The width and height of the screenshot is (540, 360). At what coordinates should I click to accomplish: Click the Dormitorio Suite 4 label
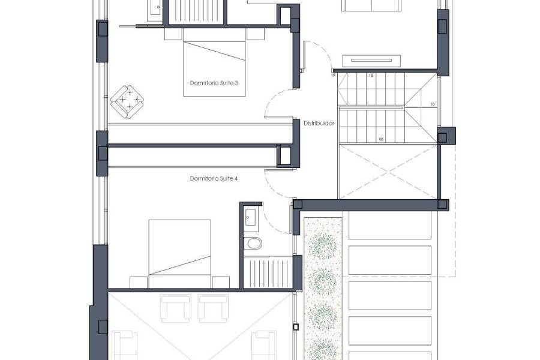click(214, 178)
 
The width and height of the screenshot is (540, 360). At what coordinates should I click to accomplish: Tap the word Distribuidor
click(319, 123)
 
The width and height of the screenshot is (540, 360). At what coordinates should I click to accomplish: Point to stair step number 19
click(334, 76)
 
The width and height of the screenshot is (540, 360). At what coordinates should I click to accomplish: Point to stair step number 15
click(371, 76)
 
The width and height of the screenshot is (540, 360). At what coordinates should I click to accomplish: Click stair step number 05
click(381, 140)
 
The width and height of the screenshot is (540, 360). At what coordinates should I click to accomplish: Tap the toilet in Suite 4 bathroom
click(253, 243)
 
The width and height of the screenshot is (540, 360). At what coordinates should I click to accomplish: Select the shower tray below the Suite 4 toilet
click(267, 273)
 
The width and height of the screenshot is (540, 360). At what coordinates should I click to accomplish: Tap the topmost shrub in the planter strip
click(323, 245)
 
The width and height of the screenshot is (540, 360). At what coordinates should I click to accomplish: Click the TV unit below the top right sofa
click(371, 59)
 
